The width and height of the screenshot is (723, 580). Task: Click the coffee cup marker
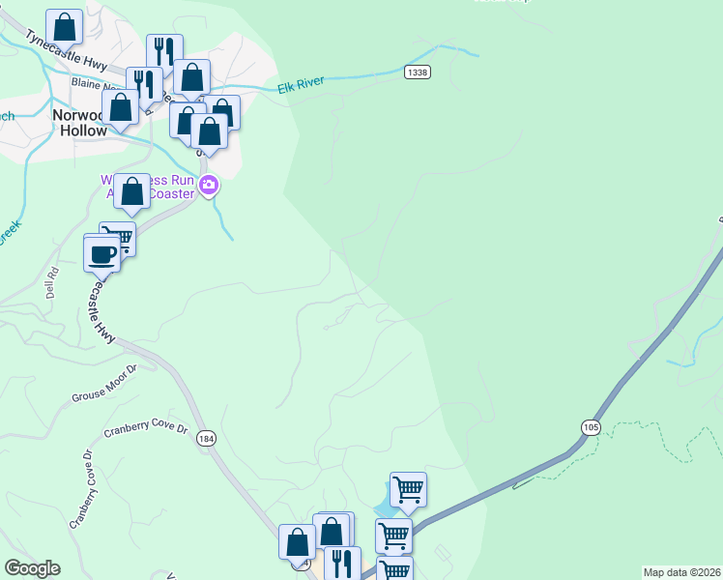101,255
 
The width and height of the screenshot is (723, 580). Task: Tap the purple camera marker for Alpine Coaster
208,187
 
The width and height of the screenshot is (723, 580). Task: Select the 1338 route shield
418,72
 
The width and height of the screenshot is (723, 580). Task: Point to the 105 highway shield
591,426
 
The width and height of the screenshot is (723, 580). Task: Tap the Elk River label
301,87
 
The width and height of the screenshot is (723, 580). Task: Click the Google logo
32,568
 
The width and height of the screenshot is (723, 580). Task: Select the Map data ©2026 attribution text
682,572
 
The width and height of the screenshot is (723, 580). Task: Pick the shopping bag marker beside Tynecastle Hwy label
64,28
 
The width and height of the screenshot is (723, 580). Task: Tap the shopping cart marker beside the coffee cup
119,238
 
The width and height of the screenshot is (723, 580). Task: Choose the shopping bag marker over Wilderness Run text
132,190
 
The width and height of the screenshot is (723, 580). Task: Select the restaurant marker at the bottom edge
342,563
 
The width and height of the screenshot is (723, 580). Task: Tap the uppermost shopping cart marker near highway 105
408,489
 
